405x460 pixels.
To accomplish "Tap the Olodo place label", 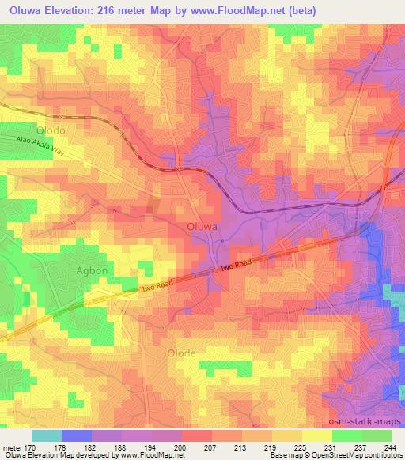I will (x=51, y=129).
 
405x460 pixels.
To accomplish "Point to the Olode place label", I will (x=181, y=355).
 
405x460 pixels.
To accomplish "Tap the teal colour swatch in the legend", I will (x=47, y=435).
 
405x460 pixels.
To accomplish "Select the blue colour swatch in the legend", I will (x=77, y=435).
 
